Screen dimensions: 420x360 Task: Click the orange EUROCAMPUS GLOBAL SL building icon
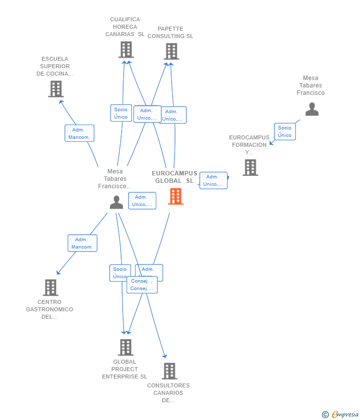pyautogui.click(x=176, y=196)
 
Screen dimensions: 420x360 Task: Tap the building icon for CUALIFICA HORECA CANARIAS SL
pyautogui.click(x=126, y=49)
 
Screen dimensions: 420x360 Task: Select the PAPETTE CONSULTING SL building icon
pyautogui.click(x=171, y=51)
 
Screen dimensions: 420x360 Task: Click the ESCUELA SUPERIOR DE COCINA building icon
pyautogui.click(x=56, y=89)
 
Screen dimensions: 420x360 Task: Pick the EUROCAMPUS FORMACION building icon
pyautogui.click(x=250, y=168)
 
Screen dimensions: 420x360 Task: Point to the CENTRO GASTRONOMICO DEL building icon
pyautogui.click(x=50, y=288)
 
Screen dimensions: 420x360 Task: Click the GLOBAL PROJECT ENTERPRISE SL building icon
pyautogui.click(x=126, y=347)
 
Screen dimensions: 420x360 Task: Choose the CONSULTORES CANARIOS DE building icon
pyautogui.click(x=169, y=371)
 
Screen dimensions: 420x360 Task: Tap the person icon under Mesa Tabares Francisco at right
pyautogui.click(x=312, y=109)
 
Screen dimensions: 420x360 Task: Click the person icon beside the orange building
pyautogui.click(x=116, y=202)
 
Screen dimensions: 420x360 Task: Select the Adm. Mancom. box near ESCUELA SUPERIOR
pyautogui.click(x=79, y=133)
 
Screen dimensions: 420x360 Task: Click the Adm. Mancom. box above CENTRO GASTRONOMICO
pyautogui.click(x=82, y=243)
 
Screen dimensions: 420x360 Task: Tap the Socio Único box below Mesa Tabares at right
pyautogui.click(x=285, y=131)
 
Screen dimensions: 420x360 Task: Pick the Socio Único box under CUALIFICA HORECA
pyautogui.click(x=121, y=113)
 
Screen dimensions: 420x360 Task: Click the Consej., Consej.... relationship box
pyautogui.click(x=142, y=285)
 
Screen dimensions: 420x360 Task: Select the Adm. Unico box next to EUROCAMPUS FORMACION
pyautogui.click(x=213, y=180)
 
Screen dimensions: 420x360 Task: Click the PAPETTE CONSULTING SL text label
pyautogui.click(x=170, y=33)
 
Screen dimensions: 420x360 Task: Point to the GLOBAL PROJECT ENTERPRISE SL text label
pyautogui.click(x=125, y=369)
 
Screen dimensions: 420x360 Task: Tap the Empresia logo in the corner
pyautogui.click(x=341, y=414)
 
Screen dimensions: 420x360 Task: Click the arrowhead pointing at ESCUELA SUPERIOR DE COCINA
pyautogui.click(x=61, y=102)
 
